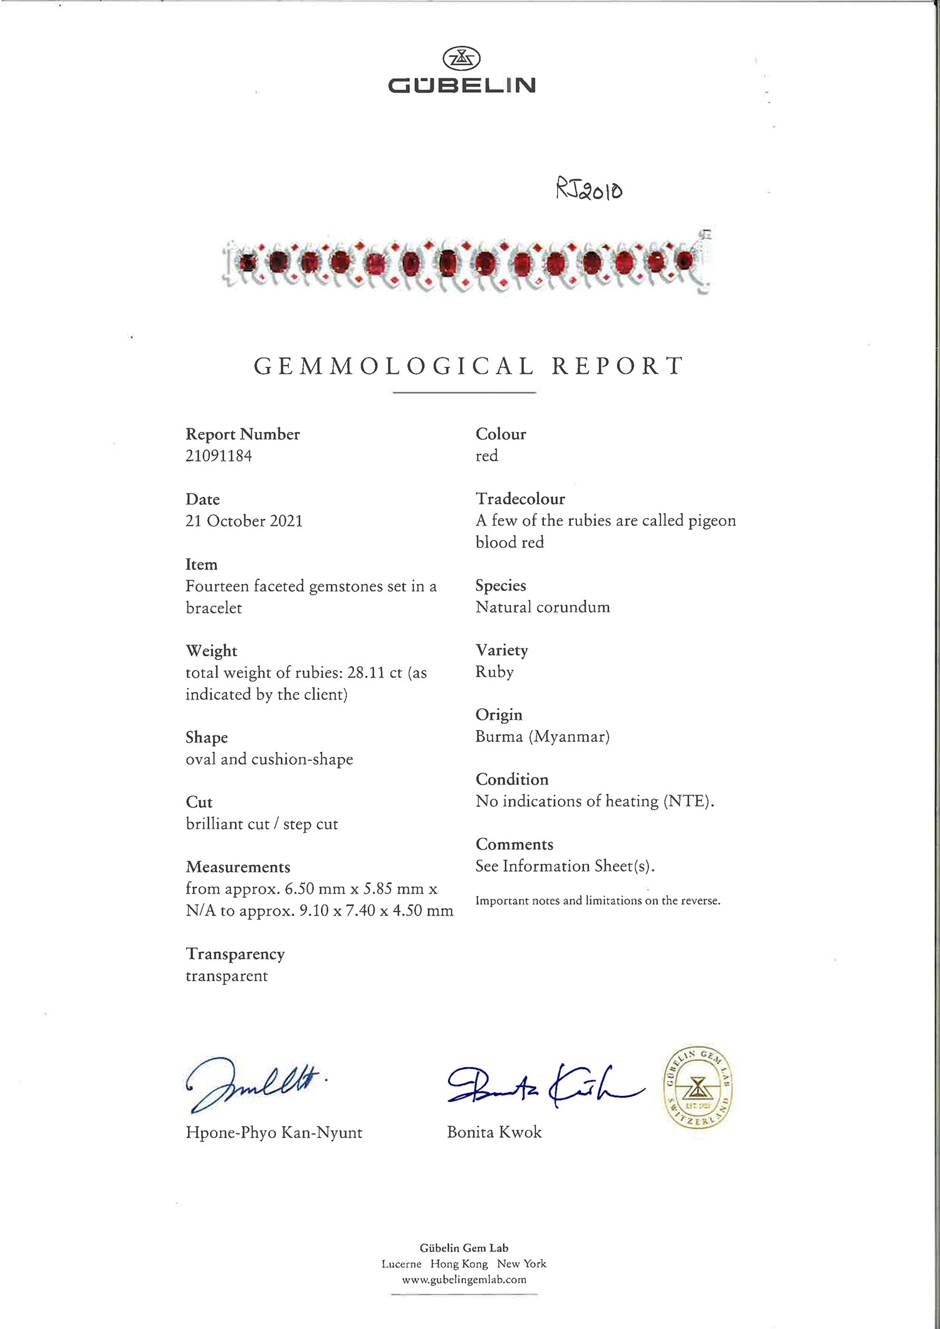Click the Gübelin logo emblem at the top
[462, 58]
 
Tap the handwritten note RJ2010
[589, 189]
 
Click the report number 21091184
[219, 456]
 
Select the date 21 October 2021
[244, 521]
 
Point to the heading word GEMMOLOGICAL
[394, 367]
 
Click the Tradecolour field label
[520, 499]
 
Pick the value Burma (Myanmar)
[542, 737]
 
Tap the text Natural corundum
[542, 607]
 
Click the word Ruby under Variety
[494, 672]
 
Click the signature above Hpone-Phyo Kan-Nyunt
[254, 1084]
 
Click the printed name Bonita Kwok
[494, 1132]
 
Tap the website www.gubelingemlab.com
[464, 1279]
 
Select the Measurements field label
[238, 867]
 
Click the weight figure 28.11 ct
[374, 673]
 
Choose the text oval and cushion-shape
[269, 759]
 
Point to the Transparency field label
[235, 954]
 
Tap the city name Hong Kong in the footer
[459, 1264]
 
